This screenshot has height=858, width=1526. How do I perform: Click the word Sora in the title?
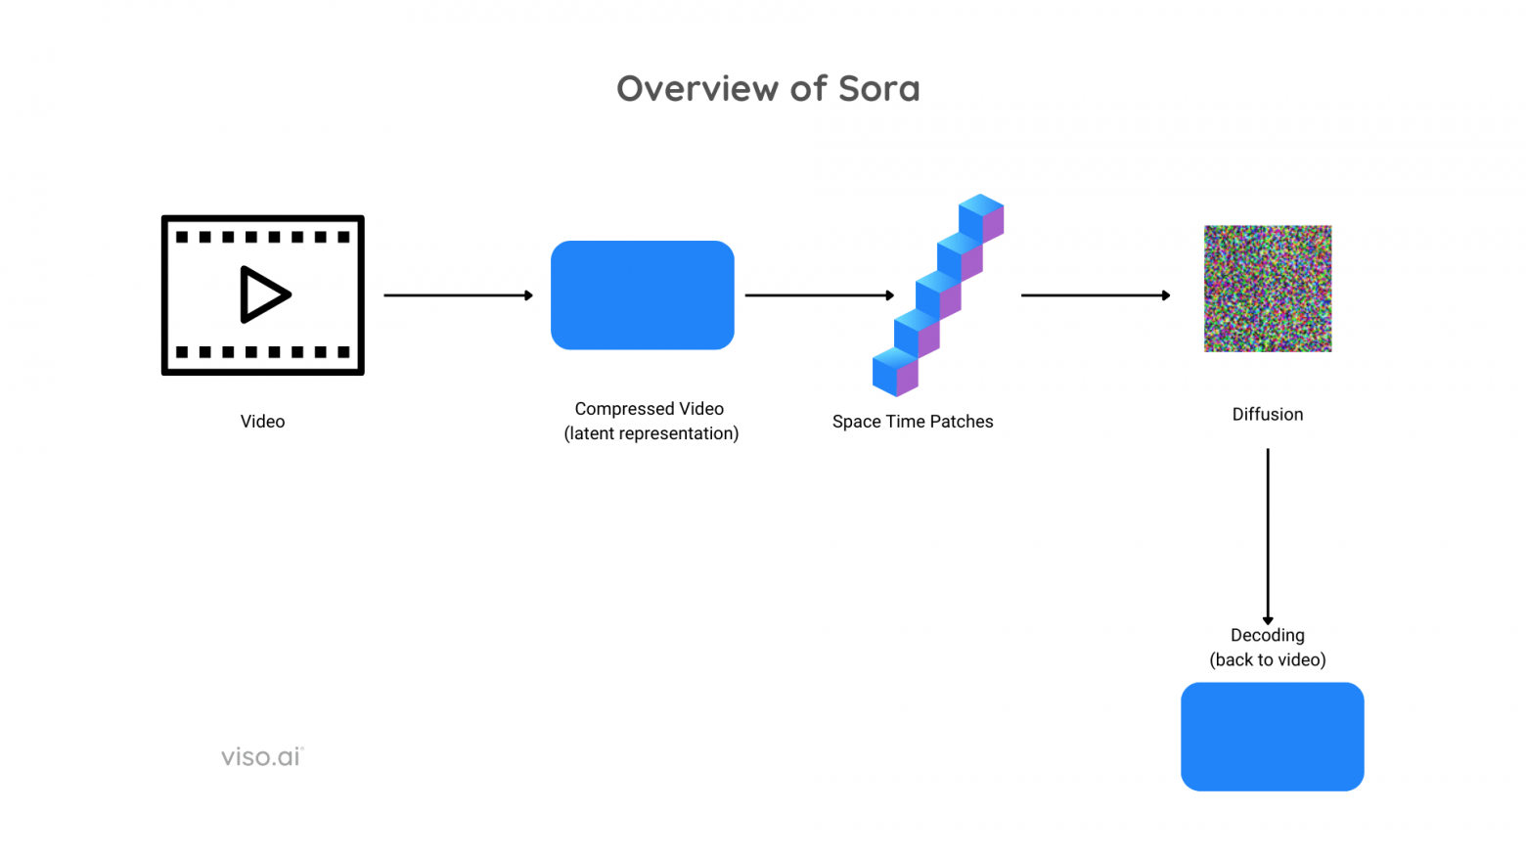[x=878, y=89]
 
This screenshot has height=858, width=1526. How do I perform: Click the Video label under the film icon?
[x=262, y=422]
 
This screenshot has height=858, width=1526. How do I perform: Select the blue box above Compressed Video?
[x=642, y=294]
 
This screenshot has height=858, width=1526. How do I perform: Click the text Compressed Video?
[x=649, y=409]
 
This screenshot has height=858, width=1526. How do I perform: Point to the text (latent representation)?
[x=651, y=433]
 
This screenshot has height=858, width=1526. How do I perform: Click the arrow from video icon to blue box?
[x=458, y=294]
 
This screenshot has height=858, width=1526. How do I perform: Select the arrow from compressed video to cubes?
[x=819, y=294]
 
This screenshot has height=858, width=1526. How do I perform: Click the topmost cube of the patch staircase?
[x=981, y=217]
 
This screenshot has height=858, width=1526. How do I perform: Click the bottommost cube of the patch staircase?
[x=894, y=372]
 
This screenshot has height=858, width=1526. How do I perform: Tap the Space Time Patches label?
[x=912, y=422]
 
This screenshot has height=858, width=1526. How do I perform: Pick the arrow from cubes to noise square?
[x=1095, y=294]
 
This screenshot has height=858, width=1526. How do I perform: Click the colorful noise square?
[x=1267, y=289]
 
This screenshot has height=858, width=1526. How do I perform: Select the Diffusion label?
[x=1267, y=415]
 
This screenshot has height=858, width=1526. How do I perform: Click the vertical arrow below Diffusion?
[x=1268, y=535]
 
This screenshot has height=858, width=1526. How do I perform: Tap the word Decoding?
[x=1267, y=635]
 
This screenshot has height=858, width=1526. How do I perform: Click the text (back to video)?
[x=1267, y=660]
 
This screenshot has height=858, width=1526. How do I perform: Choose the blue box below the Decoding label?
[x=1272, y=736]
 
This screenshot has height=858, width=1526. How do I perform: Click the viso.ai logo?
[x=262, y=756]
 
